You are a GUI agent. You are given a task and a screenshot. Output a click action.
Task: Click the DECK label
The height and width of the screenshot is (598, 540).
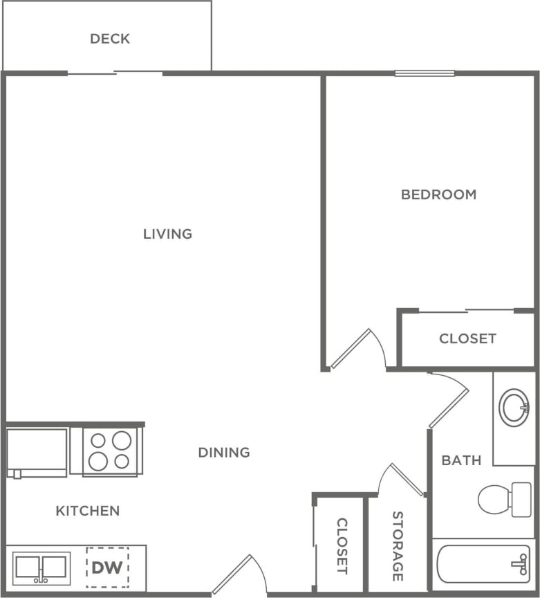click(x=110, y=39)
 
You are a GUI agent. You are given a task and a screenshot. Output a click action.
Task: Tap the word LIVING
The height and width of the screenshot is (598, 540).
click(x=167, y=234)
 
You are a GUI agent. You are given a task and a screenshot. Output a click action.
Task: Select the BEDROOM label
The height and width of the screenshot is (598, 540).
click(x=438, y=194)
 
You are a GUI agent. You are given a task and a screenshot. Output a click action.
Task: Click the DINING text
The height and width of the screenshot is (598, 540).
click(x=224, y=453)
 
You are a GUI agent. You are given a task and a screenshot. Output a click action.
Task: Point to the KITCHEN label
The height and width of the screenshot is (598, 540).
click(x=88, y=511)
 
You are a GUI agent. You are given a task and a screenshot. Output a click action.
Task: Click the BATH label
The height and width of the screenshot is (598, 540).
click(x=461, y=460)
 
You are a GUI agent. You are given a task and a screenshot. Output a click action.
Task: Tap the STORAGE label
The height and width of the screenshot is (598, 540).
click(x=397, y=546)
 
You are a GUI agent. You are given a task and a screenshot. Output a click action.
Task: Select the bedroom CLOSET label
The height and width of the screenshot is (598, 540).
click(x=467, y=338)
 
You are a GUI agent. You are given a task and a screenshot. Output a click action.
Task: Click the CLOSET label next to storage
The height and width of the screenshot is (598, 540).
click(x=342, y=546)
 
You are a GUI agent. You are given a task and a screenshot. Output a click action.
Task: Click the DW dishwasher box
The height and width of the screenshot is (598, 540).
click(x=107, y=568)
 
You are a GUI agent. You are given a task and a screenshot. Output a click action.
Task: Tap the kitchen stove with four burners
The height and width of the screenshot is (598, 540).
click(x=111, y=451)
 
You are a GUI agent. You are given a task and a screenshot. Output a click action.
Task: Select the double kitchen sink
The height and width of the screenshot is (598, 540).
click(x=41, y=568)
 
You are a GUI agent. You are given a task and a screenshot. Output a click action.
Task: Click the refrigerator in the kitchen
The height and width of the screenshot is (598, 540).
click(x=37, y=451)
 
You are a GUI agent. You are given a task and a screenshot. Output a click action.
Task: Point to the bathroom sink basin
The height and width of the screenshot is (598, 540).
click(x=514, y=408)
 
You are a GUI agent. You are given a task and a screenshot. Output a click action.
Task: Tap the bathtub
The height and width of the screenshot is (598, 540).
click(x=483, y=564)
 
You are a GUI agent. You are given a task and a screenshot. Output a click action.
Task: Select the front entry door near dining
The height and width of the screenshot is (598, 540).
click(x=239, y=574)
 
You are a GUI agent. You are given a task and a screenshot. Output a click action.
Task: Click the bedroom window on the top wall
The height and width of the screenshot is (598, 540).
click(x=425, y=73)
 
